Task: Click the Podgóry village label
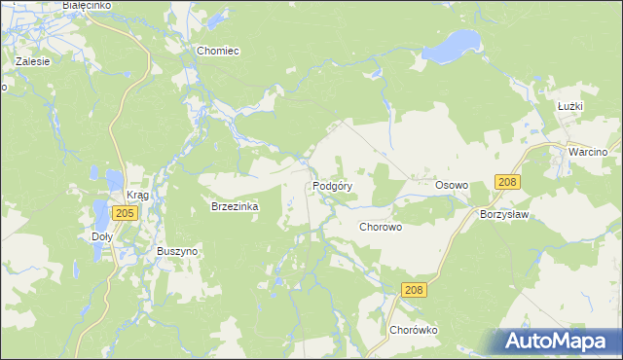(332, 185)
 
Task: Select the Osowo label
(452, 185)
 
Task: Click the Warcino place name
(588, 153)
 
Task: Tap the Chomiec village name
(218, 51)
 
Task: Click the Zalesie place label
(32, 60)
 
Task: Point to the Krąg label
(137, 196)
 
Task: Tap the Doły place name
(101, 236)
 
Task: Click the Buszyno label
(178, 250)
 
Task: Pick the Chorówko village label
(415, 330)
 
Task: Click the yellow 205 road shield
(123, 213)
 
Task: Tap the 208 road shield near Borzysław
(507, 182)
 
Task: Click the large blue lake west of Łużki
(455, 45)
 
